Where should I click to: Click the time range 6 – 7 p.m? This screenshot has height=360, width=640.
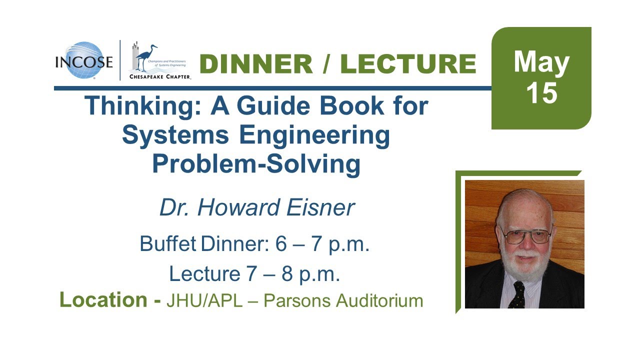click(x=322, y=244)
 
